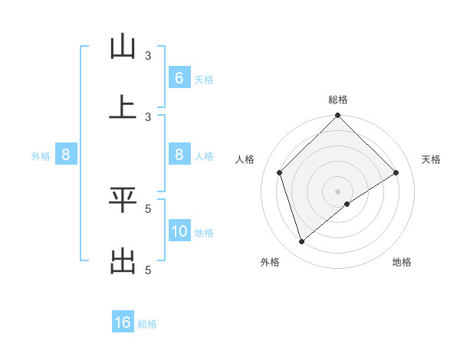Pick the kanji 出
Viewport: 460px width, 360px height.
(x=123, y=260)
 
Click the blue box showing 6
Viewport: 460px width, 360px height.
(x=179, y=78)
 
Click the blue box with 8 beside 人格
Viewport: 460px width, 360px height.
(x=179, y=155)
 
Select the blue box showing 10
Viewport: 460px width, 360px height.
(x=179, y=231)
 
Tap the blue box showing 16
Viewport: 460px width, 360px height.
(x=123, y=322)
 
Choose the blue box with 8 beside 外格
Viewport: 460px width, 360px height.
(x=66, y=155)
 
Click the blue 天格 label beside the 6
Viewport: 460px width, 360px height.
(x=204, y=79)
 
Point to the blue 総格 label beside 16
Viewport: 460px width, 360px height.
(x=147, y=323)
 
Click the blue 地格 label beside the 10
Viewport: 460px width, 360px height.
(x=204, y=232)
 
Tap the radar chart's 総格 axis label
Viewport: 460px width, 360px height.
(x=338, y=100)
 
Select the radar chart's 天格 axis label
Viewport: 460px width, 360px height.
(x=432, y=159)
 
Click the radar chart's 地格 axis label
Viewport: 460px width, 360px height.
(x=402, y=262)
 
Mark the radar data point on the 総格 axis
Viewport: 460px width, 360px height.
(x=338, y=116)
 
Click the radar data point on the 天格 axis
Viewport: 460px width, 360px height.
(x=396, y=172)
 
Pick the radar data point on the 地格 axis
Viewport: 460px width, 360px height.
(x=347, y=204)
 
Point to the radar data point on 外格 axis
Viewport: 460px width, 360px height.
(x=302, y=242)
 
